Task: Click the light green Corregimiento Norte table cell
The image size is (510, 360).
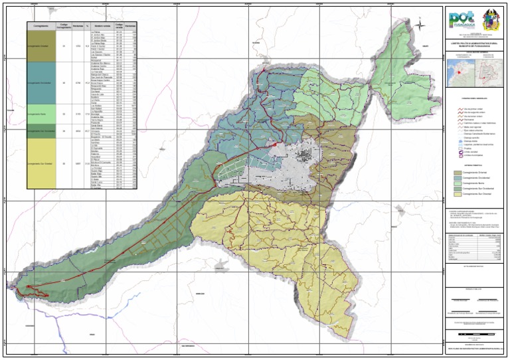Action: tap(41, 114)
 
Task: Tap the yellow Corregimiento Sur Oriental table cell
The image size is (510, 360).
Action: tap(41, 163)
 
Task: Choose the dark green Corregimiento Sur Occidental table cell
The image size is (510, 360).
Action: tap(41, 131)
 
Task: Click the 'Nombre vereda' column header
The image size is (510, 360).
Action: tap(101, 26)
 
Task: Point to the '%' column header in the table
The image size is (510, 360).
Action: tap(88, 26)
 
